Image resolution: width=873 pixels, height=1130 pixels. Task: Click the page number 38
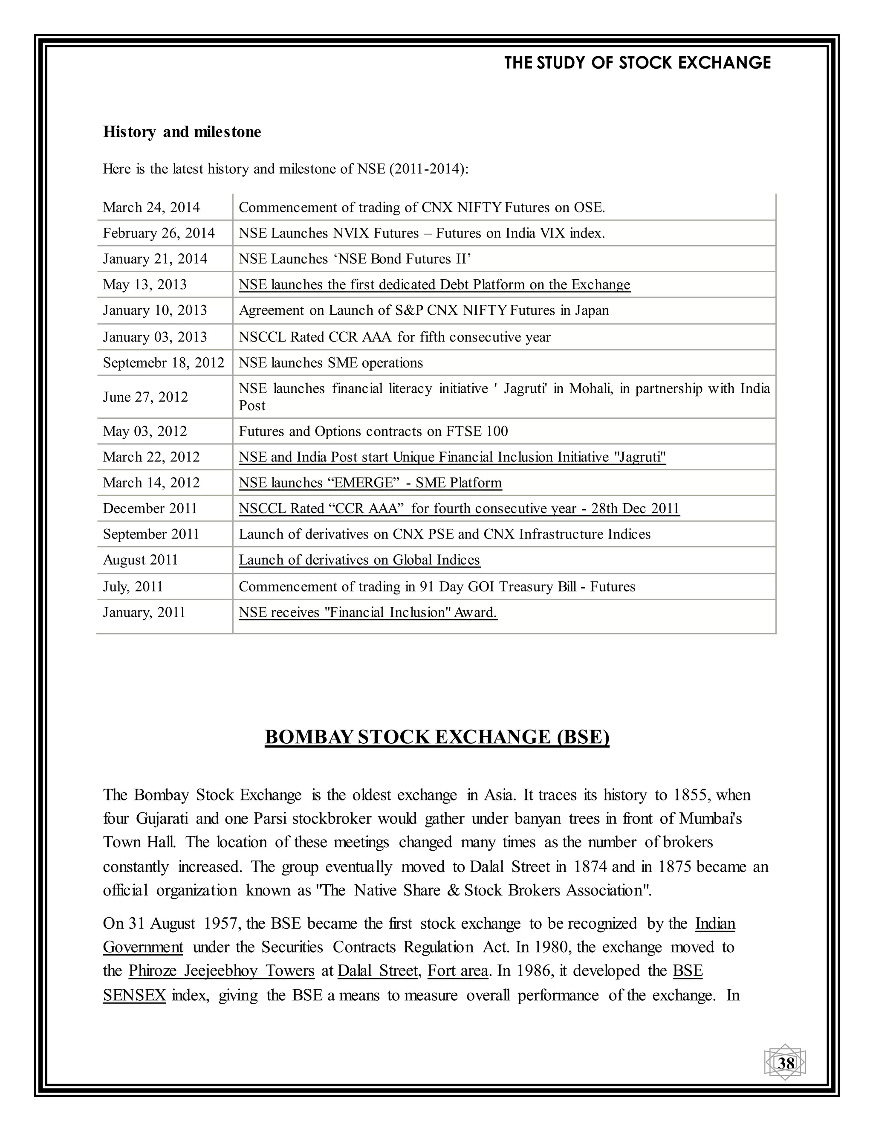pos(786,1063)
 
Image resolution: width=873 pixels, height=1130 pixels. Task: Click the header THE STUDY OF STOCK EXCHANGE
pos(637,63)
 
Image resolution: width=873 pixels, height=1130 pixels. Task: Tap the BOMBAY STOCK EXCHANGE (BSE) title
pos(437,737)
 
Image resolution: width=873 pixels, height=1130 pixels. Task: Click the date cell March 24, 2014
pos(151,208)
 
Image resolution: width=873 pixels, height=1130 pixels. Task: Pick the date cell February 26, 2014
pos(159,233)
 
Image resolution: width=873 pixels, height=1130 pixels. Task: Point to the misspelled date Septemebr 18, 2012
pos(163,363)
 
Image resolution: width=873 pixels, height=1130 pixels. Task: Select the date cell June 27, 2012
pos(145,397)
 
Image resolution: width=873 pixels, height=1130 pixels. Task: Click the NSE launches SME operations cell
pos(330,363)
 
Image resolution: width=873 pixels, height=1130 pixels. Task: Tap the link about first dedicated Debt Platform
pos(434,284)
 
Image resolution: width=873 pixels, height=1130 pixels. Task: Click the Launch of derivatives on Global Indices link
pos(359,560)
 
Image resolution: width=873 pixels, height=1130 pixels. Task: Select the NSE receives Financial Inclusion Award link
pos(368,613)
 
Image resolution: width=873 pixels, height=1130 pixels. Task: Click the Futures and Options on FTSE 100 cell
pos(373,432)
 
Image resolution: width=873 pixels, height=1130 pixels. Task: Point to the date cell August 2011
pos(140,560)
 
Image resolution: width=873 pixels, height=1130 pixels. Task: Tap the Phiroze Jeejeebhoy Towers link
pos(221,971)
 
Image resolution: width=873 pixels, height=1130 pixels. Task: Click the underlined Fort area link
pos(458,971)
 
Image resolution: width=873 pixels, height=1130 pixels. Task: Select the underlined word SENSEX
pos(134,995)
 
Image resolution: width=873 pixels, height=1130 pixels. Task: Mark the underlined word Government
pos(143,947)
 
